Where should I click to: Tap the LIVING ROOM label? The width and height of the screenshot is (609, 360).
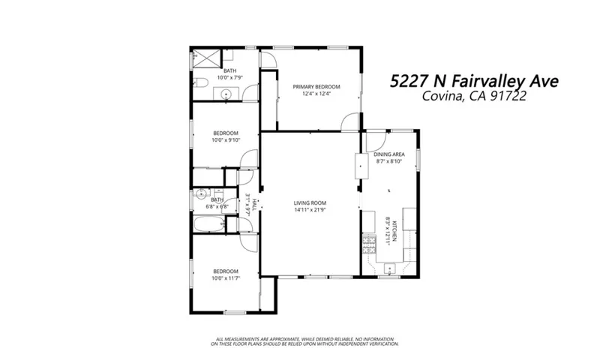click(310, 202)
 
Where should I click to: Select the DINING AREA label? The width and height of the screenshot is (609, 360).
click(388, 154)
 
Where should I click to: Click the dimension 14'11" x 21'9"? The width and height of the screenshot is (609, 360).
click(310, 210)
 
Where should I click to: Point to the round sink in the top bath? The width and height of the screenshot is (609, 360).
click(223, 94)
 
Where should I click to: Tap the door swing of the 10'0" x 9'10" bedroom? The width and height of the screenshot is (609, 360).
click(244, 160)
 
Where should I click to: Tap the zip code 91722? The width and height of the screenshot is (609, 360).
click(535, 97)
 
